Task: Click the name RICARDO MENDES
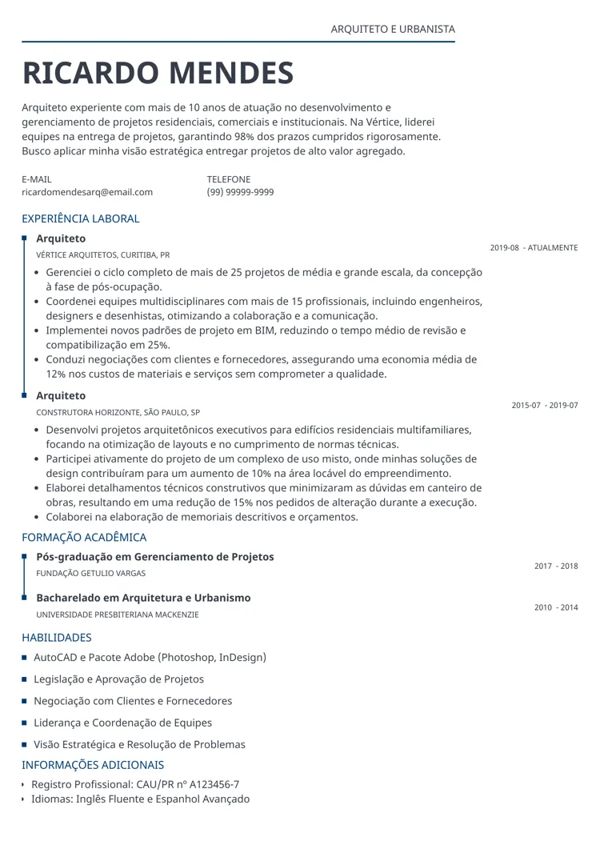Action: tap(158, 73)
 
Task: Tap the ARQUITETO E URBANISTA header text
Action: tap(393, 30)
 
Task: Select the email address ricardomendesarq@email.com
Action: tap(87, 192)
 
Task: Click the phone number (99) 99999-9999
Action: tap(240, 192)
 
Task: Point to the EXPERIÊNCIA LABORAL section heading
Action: tap(81, 218)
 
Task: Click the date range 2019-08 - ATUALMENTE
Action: tap(534, 248)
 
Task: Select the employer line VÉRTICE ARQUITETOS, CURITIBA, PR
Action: tap(103, 255)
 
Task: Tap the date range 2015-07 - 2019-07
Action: tap(545, 406)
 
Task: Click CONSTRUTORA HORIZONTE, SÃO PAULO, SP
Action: tap(118, 413)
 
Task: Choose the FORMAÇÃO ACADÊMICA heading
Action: tap(84, 538)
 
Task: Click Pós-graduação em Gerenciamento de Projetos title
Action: tap(155, 557)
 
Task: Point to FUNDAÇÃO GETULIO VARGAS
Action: tap(91, 574)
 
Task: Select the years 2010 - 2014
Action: tap(556, 608)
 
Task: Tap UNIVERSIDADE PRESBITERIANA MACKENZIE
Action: tap(118, 615)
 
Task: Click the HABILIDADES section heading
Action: tap(57, 638)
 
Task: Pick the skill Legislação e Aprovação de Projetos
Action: tap(118, 679)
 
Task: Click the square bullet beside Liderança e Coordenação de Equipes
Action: tap(25, 723)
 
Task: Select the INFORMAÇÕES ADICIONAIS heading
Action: tap(93, 765)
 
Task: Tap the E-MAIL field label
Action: tap(37, 179)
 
